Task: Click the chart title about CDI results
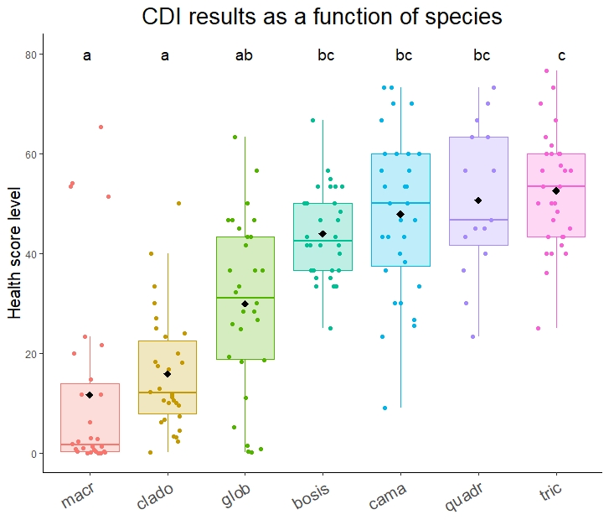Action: [322, 17]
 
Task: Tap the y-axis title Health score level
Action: [15, 252]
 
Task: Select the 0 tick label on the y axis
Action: [34, 454]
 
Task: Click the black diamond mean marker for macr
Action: [90, 395]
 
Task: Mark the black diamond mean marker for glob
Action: [245, 304]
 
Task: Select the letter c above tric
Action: [561, 56]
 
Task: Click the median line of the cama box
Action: [400, 203]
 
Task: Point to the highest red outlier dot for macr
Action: [101, 127]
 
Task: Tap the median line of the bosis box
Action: [323, 241]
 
